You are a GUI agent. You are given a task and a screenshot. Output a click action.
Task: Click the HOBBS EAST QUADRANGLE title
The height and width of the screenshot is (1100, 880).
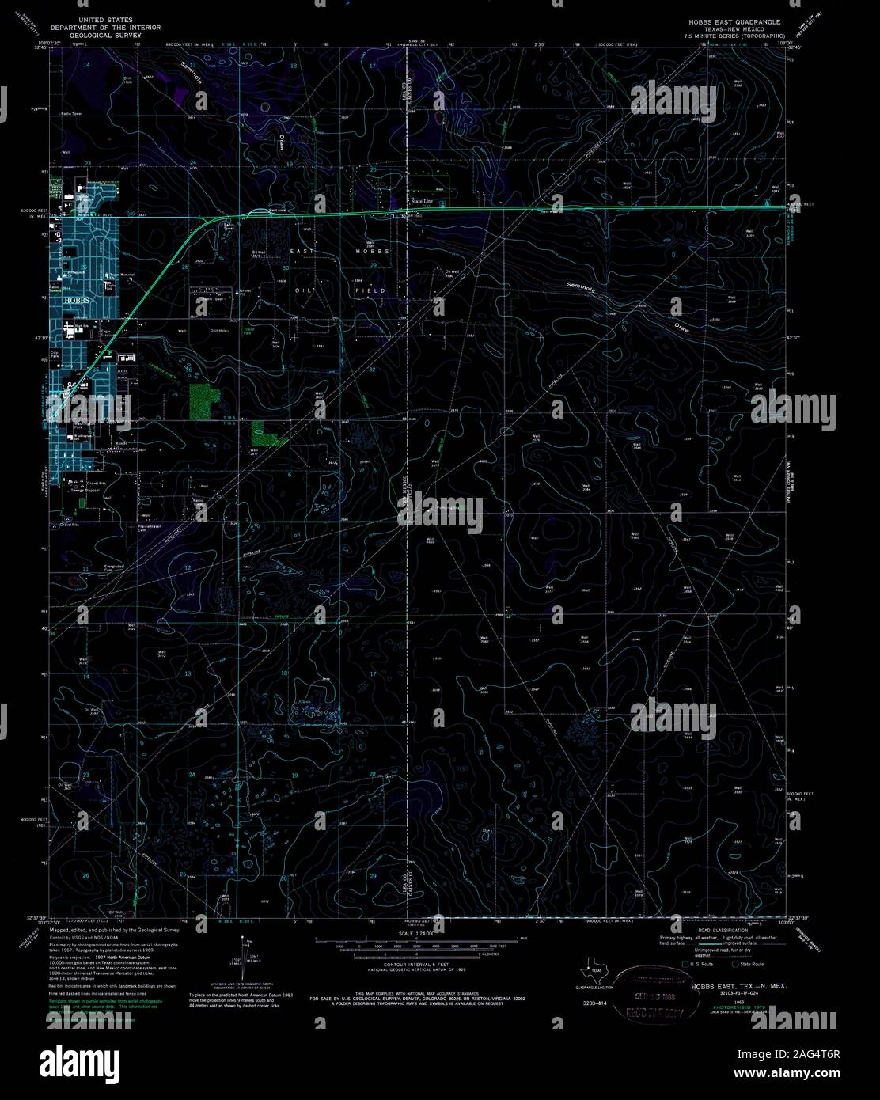[734, 21]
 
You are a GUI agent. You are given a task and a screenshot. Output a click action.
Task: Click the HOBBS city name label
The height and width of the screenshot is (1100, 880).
[76, 302]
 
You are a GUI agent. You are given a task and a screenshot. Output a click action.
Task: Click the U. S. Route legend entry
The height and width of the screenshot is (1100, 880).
[697, 965]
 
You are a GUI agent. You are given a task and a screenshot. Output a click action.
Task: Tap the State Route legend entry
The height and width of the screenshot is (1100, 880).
[751, 965]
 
